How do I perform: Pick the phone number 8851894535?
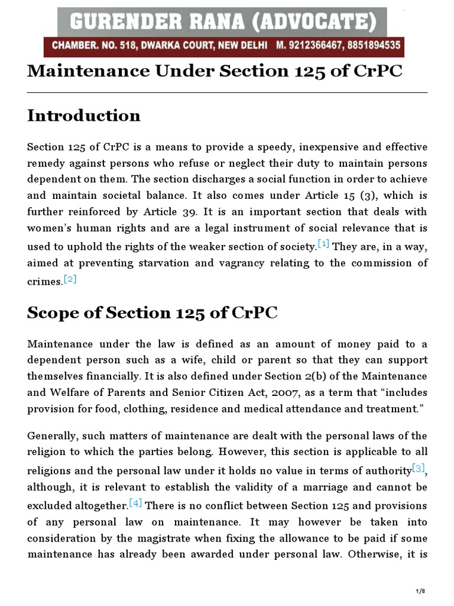(x=370, y=45)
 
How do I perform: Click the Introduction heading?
(x=84, y=115)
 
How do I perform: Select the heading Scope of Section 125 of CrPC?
(x=152, y=313)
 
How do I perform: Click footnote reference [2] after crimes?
(x=70, y=279)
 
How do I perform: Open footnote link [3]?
(x=419, y=468)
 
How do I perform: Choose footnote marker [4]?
(x=136, y=503)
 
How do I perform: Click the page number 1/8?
(x=420, y=591)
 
